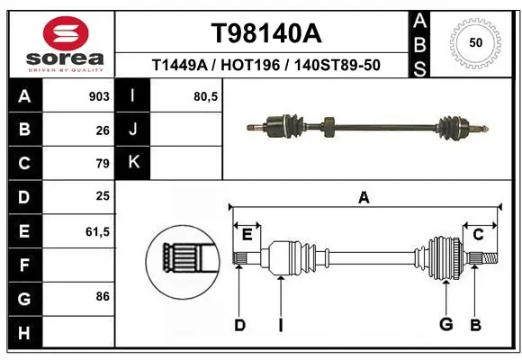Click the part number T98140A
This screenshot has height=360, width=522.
click(265, 33)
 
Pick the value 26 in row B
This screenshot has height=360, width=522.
click(102, 130)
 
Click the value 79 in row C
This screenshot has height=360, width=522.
click(102, 164)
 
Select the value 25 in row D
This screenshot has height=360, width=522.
click(102, 196)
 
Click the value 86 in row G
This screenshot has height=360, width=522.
click(102, 295)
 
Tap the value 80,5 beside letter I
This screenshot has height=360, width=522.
click(206, 96)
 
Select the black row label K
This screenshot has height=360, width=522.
click(133, 163)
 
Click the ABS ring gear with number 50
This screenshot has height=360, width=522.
click(474, 43)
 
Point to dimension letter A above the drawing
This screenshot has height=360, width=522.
click(364, 197)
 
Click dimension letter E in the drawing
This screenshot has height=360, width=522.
click(247, 235)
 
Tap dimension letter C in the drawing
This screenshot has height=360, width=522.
click(478, 235)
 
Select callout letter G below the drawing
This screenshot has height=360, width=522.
click(445, 325)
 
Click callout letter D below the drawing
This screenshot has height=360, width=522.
click(239, 325)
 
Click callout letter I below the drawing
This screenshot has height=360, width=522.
click(280, 325)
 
